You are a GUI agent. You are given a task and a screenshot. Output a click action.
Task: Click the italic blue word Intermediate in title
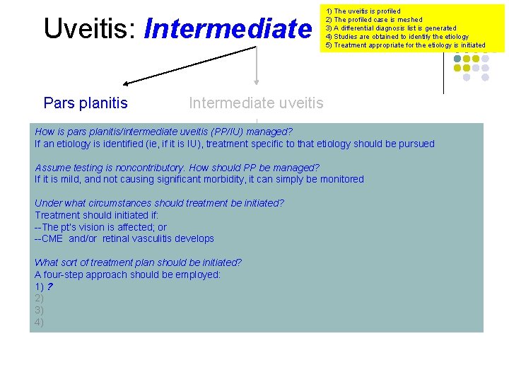click(227, 28)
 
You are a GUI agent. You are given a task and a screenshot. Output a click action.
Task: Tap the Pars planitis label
click(86, 103)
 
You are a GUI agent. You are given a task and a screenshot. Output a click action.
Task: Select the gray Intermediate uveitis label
click(256, 103)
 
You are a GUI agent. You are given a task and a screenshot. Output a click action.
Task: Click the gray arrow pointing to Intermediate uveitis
click(257, 67)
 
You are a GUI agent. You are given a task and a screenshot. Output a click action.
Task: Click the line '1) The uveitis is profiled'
click(363, 11)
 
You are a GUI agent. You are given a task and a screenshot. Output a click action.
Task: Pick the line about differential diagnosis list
click(390, 28)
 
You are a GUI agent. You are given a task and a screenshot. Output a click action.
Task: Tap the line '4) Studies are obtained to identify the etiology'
click(397, 37)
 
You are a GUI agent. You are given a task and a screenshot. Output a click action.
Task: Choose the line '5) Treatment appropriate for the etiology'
click(405, 45)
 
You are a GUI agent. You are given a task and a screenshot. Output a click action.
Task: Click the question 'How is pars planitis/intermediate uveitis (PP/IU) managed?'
click(163, 132)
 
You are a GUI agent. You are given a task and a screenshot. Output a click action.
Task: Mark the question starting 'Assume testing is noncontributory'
click(177, 168)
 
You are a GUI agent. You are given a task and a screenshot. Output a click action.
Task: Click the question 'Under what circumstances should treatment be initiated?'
click(159, 203)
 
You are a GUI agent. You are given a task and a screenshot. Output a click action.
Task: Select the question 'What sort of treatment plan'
click(138, 262)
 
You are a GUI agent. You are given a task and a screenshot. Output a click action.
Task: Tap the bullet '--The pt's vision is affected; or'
click(100, 227)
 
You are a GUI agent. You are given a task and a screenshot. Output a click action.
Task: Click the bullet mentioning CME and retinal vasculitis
click(124, 239)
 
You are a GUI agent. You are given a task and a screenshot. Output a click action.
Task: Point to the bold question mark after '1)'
click(49, 286)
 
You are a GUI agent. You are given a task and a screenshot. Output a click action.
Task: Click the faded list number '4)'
click(39, 323)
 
